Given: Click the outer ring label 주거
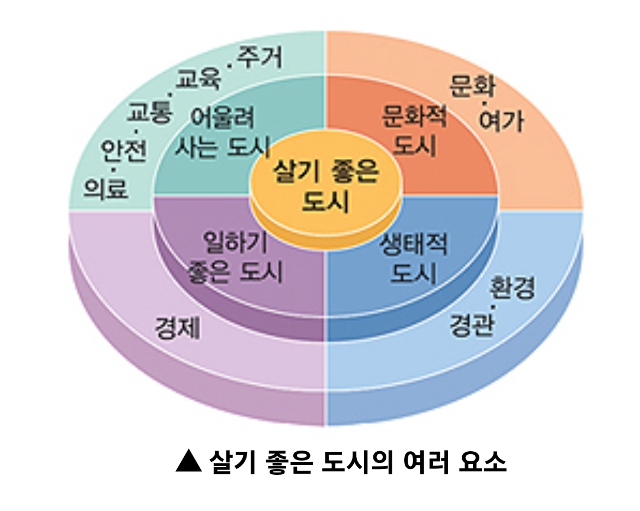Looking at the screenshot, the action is click(260, 57).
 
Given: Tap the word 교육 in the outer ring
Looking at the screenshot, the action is click(199, 79).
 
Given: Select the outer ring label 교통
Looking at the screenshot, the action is click(148, 112).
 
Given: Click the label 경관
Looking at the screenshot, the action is click(471, 325).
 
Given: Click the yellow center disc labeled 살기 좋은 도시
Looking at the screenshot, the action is click(325, 187).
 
